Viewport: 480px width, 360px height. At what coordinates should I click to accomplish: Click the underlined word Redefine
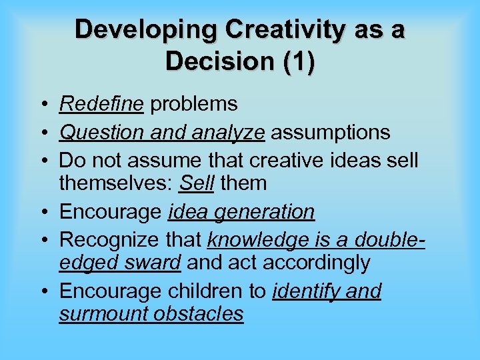101,104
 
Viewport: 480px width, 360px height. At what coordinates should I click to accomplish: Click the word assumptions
330,133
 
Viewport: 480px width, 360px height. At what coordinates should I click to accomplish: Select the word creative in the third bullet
293,161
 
